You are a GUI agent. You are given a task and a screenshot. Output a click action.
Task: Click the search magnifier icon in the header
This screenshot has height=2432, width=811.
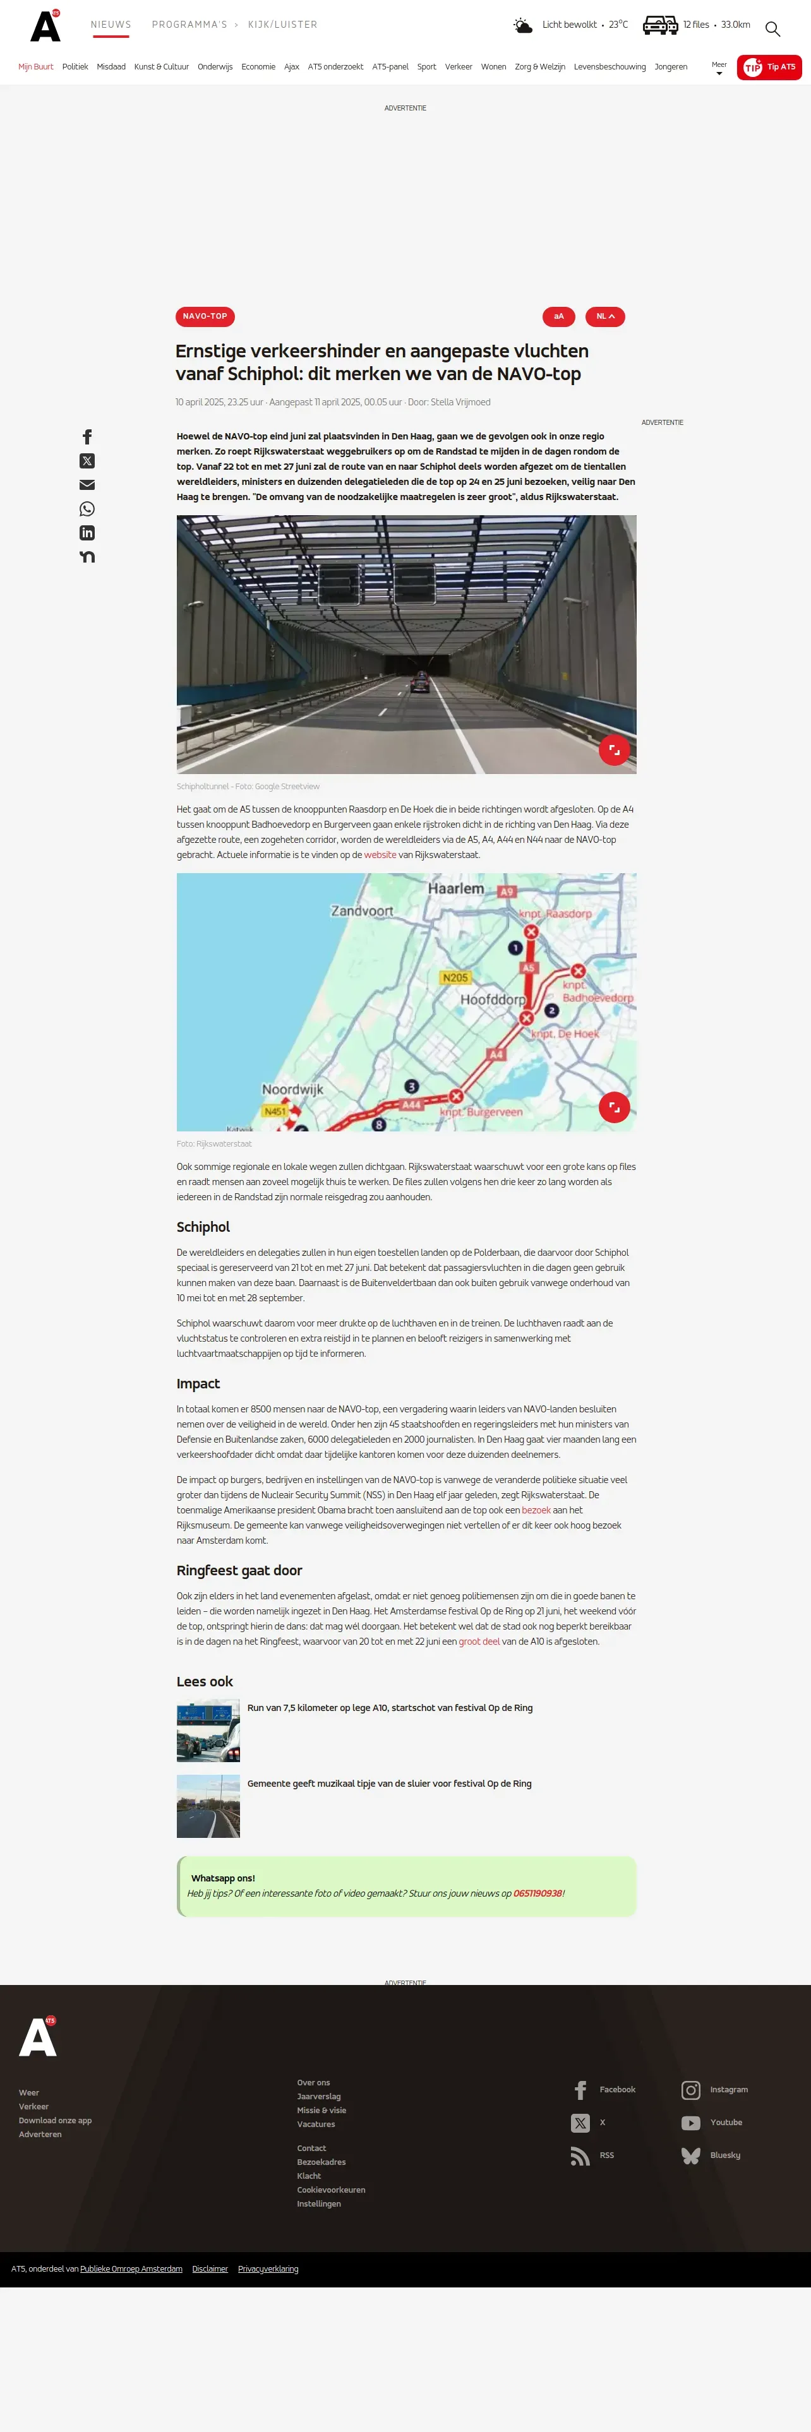coord(772,28)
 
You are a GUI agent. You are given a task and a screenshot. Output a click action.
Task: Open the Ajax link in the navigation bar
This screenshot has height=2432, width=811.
coord(292,67)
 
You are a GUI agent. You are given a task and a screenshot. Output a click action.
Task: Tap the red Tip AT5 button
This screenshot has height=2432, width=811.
coord(769,67)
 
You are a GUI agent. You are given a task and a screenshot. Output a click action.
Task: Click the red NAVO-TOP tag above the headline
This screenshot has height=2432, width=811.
coord(205,316)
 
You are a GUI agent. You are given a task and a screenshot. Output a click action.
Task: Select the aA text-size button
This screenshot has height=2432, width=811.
coord(558,316)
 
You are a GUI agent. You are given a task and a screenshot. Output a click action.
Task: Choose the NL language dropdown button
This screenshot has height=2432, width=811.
coord(605,316)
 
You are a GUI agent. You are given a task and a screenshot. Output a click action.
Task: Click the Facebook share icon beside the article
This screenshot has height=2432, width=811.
coord(87,437)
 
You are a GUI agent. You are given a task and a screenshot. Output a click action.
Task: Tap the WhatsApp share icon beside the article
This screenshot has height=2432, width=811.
coord(87,509)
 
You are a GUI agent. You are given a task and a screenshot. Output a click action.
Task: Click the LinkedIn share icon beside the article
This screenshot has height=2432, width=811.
coord(87,532)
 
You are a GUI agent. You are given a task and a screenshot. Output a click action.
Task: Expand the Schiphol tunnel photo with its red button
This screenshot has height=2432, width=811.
coord(614,749)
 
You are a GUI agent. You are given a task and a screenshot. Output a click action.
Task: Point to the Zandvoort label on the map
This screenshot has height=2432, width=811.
coord(361,911)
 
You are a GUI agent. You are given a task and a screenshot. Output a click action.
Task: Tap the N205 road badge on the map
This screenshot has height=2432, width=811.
coord(455,978)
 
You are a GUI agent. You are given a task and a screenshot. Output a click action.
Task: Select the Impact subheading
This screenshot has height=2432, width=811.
coord(198,1384)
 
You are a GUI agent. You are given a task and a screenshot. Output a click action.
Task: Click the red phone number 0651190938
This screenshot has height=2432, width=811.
coord(538,1893)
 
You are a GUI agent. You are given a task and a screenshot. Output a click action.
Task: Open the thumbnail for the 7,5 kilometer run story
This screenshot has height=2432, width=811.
coord(208,1731)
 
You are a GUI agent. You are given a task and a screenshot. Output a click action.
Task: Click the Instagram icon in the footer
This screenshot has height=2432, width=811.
coord(690,2089)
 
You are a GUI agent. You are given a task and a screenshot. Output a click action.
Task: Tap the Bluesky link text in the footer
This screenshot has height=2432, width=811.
coord(725,2155)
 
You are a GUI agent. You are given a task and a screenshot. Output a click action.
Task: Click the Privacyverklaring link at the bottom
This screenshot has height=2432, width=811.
coord(268,2268)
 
